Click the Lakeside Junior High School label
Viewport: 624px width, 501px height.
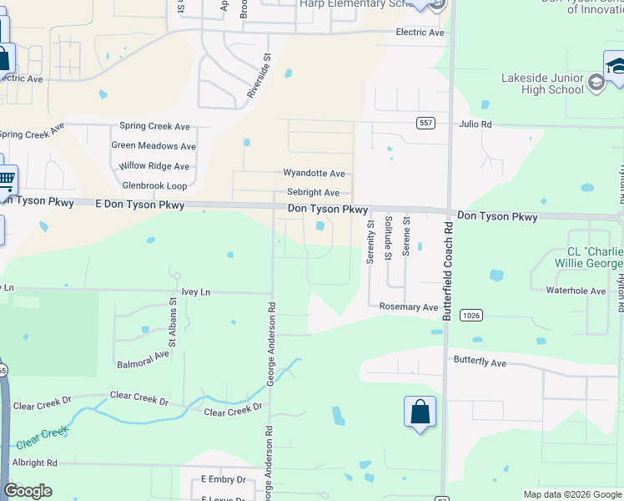click(541, 83)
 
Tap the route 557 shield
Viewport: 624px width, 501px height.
click(426, 123)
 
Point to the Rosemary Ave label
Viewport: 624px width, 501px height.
click(409, 307)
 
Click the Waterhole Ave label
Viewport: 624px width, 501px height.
click(575, 291)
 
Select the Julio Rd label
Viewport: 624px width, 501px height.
click(476, 124)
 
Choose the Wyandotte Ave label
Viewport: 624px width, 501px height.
click(314, 174)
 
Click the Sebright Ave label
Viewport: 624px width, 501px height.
click(313, 192)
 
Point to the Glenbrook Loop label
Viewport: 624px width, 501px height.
click(154, 185)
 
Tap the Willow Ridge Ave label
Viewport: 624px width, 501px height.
click(154, 166)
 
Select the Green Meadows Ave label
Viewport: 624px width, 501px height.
click(153, 146)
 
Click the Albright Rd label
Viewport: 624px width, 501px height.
click(34, 463)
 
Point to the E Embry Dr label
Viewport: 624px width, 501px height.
click(224, 480)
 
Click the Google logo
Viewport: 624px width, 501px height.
click(28, 491)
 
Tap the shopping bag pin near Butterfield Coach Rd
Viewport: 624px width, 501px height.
click(420, 412)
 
